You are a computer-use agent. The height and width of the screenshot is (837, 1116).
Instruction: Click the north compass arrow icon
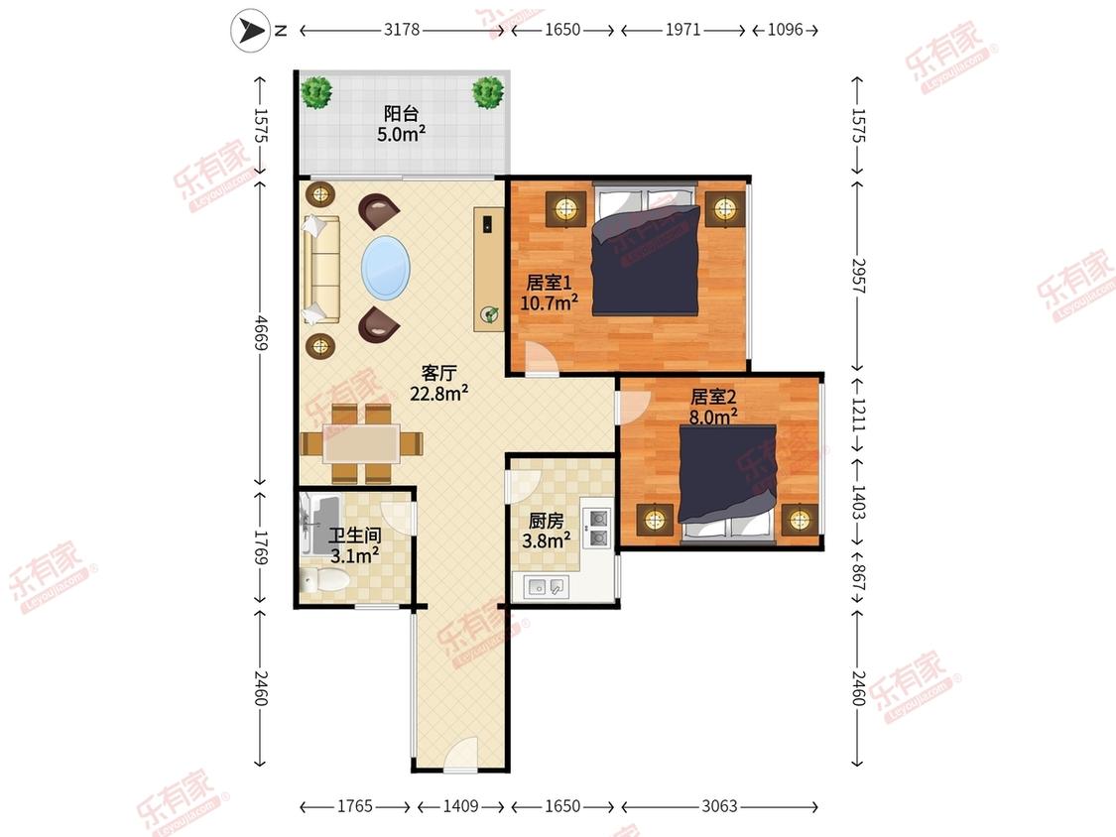(x=250, y=31)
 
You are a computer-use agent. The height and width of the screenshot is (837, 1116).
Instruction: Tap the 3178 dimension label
(x=402, y=30)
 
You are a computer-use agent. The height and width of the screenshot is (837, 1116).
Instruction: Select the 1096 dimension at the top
(x=785, y=30)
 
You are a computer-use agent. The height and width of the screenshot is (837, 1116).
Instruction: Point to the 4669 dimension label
(x=261, y=333)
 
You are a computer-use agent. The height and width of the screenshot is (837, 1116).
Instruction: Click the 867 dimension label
(x=858, y=577)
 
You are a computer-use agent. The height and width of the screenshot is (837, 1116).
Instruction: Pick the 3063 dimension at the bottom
(x=719, y=806)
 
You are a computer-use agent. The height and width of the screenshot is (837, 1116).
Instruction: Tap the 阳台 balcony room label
(x=401, y=113)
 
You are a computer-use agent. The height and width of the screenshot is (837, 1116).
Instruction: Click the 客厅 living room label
(x=438, y=373)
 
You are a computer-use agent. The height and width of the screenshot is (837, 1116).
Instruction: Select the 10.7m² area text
(x=549, y=303)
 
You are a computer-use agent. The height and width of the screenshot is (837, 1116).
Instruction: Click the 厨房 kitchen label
(x=546, y=522)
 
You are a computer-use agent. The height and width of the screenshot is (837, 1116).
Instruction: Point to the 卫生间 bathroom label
(x=354, y=536)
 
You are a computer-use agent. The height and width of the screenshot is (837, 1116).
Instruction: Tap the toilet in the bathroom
(x=324, y=581)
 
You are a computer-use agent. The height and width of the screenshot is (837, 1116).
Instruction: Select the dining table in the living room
(x=361, y=443)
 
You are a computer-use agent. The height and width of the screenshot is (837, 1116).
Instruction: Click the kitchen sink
(x=547, y=587)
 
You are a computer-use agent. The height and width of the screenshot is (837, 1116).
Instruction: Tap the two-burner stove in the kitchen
(x=596, y=528)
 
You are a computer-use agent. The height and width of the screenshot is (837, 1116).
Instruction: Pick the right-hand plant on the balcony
(x=488, y=92)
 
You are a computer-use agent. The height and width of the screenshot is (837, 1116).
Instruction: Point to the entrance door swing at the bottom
(x=460, y=755)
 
